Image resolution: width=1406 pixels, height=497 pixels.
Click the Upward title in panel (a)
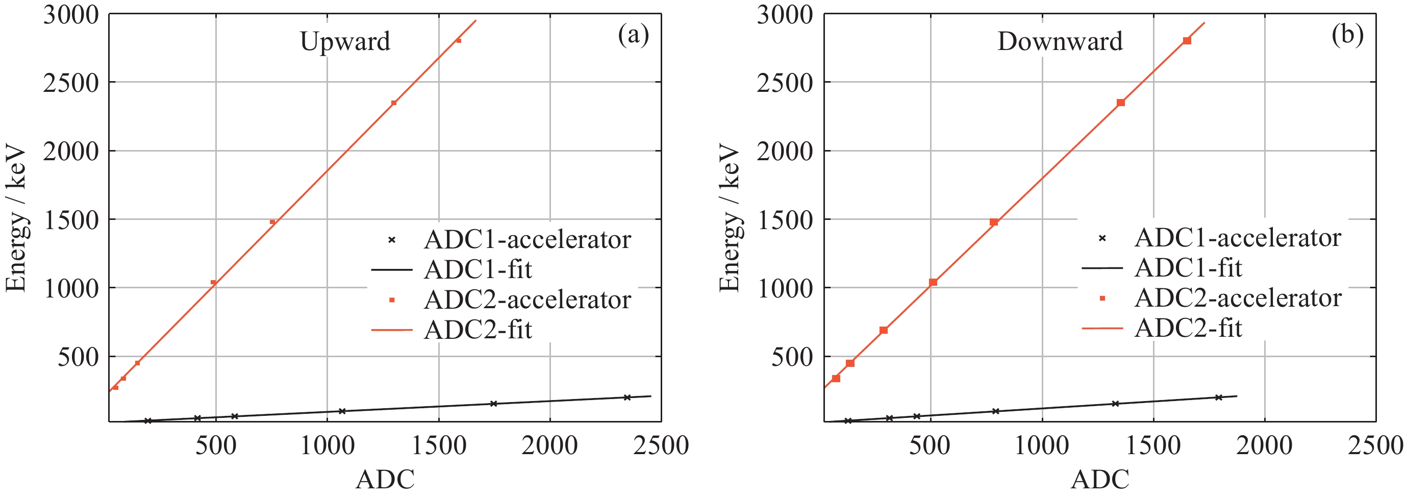(345, 41)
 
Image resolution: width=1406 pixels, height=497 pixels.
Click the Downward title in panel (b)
(1060, 41)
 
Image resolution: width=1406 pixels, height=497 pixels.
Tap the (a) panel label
(633, 35)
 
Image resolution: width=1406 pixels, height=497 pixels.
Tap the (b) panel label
(1347, 35)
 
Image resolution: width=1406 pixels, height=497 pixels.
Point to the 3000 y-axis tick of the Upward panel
(71, 15)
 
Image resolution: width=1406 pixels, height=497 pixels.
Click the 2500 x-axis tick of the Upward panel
(661, 445)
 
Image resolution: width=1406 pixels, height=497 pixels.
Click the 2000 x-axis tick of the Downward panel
(1264, 445)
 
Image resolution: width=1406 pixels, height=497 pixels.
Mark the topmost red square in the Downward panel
(1187, 41)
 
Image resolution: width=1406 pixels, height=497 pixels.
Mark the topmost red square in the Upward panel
(459, 40)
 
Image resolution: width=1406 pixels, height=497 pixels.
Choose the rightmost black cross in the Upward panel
(627, 397)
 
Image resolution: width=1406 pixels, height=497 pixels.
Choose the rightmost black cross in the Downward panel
(1218, 397)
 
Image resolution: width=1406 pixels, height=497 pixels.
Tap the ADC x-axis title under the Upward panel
(385, 480)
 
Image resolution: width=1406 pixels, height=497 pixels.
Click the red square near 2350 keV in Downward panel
(1120, 103)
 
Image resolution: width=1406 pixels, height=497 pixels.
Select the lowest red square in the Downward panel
(836, 379)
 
